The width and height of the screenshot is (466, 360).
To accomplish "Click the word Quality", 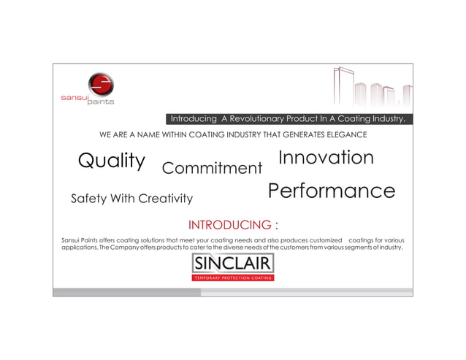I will click(111, 161).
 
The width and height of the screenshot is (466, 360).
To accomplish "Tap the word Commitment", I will click(212, 169).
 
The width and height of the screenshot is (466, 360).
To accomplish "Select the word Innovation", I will click(326, 158).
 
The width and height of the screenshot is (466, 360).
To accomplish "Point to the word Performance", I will click(331, 191).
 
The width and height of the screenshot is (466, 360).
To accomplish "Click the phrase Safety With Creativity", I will click(131, 199).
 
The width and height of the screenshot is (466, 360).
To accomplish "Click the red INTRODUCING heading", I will click(232, 224).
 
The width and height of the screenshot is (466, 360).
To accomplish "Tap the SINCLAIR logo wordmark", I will click(233, 263).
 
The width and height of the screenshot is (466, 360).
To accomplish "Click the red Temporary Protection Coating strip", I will click(233, 278).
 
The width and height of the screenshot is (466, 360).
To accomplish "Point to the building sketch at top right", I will click(371, 88).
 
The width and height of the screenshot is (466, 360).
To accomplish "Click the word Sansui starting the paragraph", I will click(73, 240).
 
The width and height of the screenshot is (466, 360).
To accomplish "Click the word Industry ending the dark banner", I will click(389, 119).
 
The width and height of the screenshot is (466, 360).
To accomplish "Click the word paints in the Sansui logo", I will click(100, 102).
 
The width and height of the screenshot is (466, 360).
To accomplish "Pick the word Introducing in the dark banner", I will click(193, 119).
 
